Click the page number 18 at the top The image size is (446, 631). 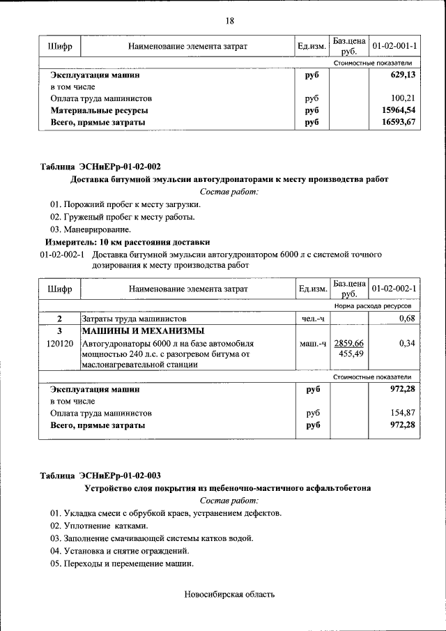tap(229, 20)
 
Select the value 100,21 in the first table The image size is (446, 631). tap(403, 98)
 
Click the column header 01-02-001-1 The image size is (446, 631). tap(394, 46)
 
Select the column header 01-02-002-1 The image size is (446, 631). tap(394, 288)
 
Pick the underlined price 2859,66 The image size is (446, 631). tap(349, 344)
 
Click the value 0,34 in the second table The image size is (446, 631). tap(406, 344)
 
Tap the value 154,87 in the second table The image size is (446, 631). tap(403, 413)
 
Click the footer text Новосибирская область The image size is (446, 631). tap(229, 595)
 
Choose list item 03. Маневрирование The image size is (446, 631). tap(90, 229)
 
